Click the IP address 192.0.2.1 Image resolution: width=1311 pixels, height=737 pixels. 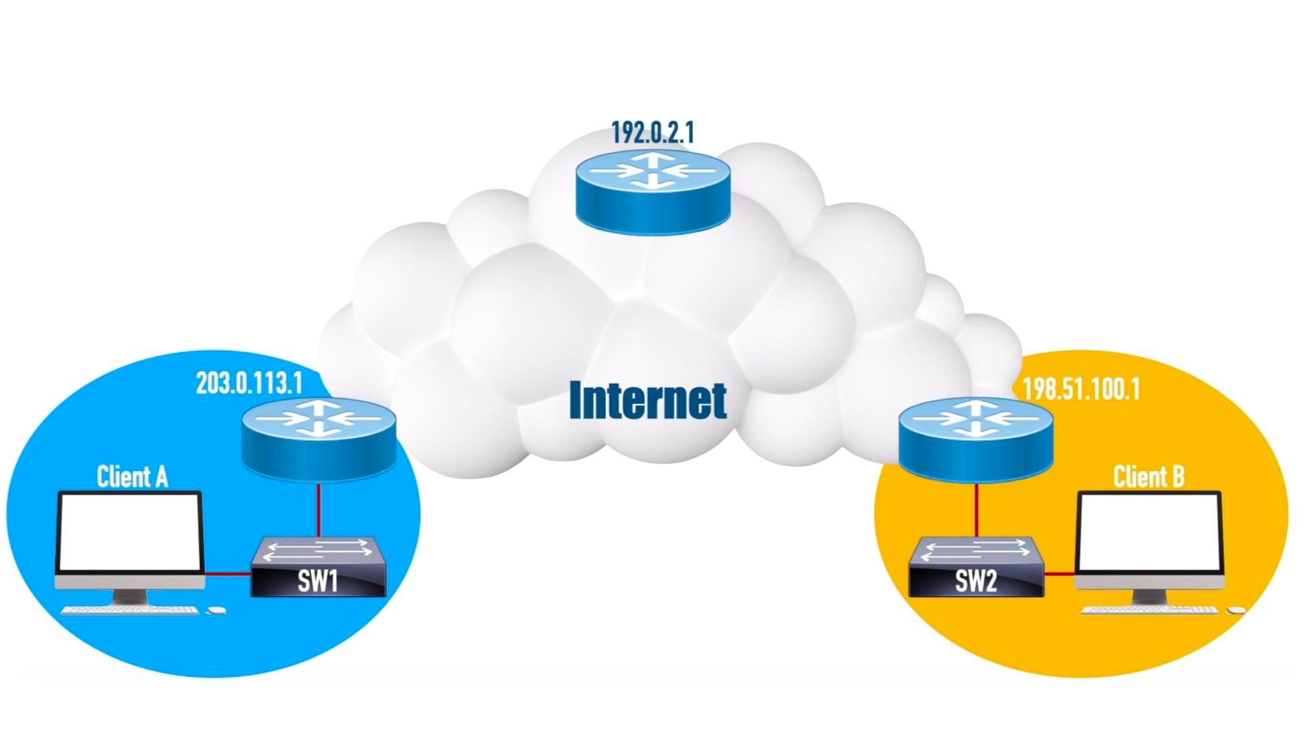pos(652,132)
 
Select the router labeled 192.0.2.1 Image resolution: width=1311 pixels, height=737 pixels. pos(653,188)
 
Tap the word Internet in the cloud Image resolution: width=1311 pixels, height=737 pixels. pos(647,401)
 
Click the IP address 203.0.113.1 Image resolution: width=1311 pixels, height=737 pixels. pos(249,384)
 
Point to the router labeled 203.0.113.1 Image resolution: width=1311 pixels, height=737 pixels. pos(318,437)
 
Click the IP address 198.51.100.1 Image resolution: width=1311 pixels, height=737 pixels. pos(1080,390)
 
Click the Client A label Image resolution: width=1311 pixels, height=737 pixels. pos(132,476)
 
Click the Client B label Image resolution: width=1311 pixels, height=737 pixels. pos(1148,476)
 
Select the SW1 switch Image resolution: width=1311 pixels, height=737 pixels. pos(318,566)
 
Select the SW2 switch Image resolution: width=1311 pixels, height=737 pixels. pos(976,566)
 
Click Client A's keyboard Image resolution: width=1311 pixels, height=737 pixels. pos(130,610)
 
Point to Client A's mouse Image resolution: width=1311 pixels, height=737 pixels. pos(216,610)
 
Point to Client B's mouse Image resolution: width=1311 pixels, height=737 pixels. pos(1236,610)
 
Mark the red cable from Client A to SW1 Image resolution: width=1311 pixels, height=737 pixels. pos(227,574)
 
